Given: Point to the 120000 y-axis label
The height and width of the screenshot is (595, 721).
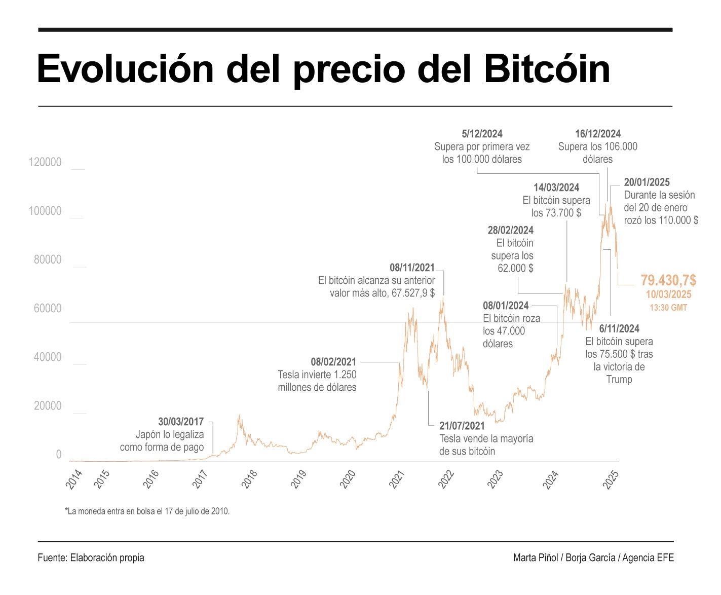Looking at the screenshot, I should pos(45,162).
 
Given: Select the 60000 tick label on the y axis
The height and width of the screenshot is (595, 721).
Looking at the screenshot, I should pos(47,308).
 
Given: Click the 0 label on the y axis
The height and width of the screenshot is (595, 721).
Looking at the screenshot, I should pos(58,455).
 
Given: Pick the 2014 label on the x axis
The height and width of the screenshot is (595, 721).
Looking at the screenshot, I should pos(74,479).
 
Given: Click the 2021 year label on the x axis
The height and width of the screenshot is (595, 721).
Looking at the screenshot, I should pos(397,479).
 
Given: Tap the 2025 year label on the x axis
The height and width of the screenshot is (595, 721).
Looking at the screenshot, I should pos(611,479).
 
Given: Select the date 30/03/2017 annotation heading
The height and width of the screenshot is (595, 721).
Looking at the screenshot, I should pos(181,422).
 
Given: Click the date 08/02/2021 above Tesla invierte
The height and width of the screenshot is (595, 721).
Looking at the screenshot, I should pos(333,362).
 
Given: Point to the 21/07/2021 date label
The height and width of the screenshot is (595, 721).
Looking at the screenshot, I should pos(462,426).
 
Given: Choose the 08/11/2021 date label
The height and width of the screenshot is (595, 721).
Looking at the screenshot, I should pos(412,268).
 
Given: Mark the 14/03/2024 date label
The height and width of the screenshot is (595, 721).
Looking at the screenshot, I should pos(556,188).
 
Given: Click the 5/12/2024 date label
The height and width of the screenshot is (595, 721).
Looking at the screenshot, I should pos(482,134).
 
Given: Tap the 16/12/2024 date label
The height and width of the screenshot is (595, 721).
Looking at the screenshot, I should pos(597,134).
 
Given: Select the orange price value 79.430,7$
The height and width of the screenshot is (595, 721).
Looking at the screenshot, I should pos(668,280).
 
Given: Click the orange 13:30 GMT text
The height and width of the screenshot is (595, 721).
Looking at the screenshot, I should pos(668,308).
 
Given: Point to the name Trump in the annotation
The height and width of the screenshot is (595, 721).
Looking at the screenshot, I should pos(619,380).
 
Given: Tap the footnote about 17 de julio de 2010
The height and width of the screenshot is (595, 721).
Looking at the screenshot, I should pos(147,511).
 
